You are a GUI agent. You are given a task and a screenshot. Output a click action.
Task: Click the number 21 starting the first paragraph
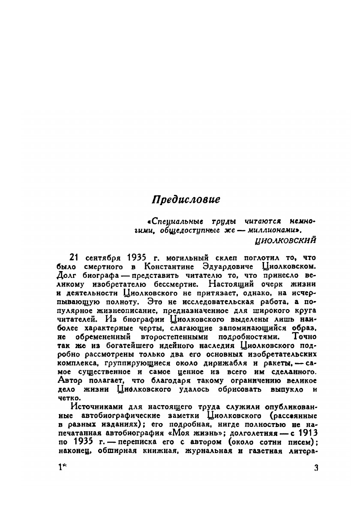(x=75, y=258)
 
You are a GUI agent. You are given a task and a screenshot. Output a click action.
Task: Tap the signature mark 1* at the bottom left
(x=62, y=468)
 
